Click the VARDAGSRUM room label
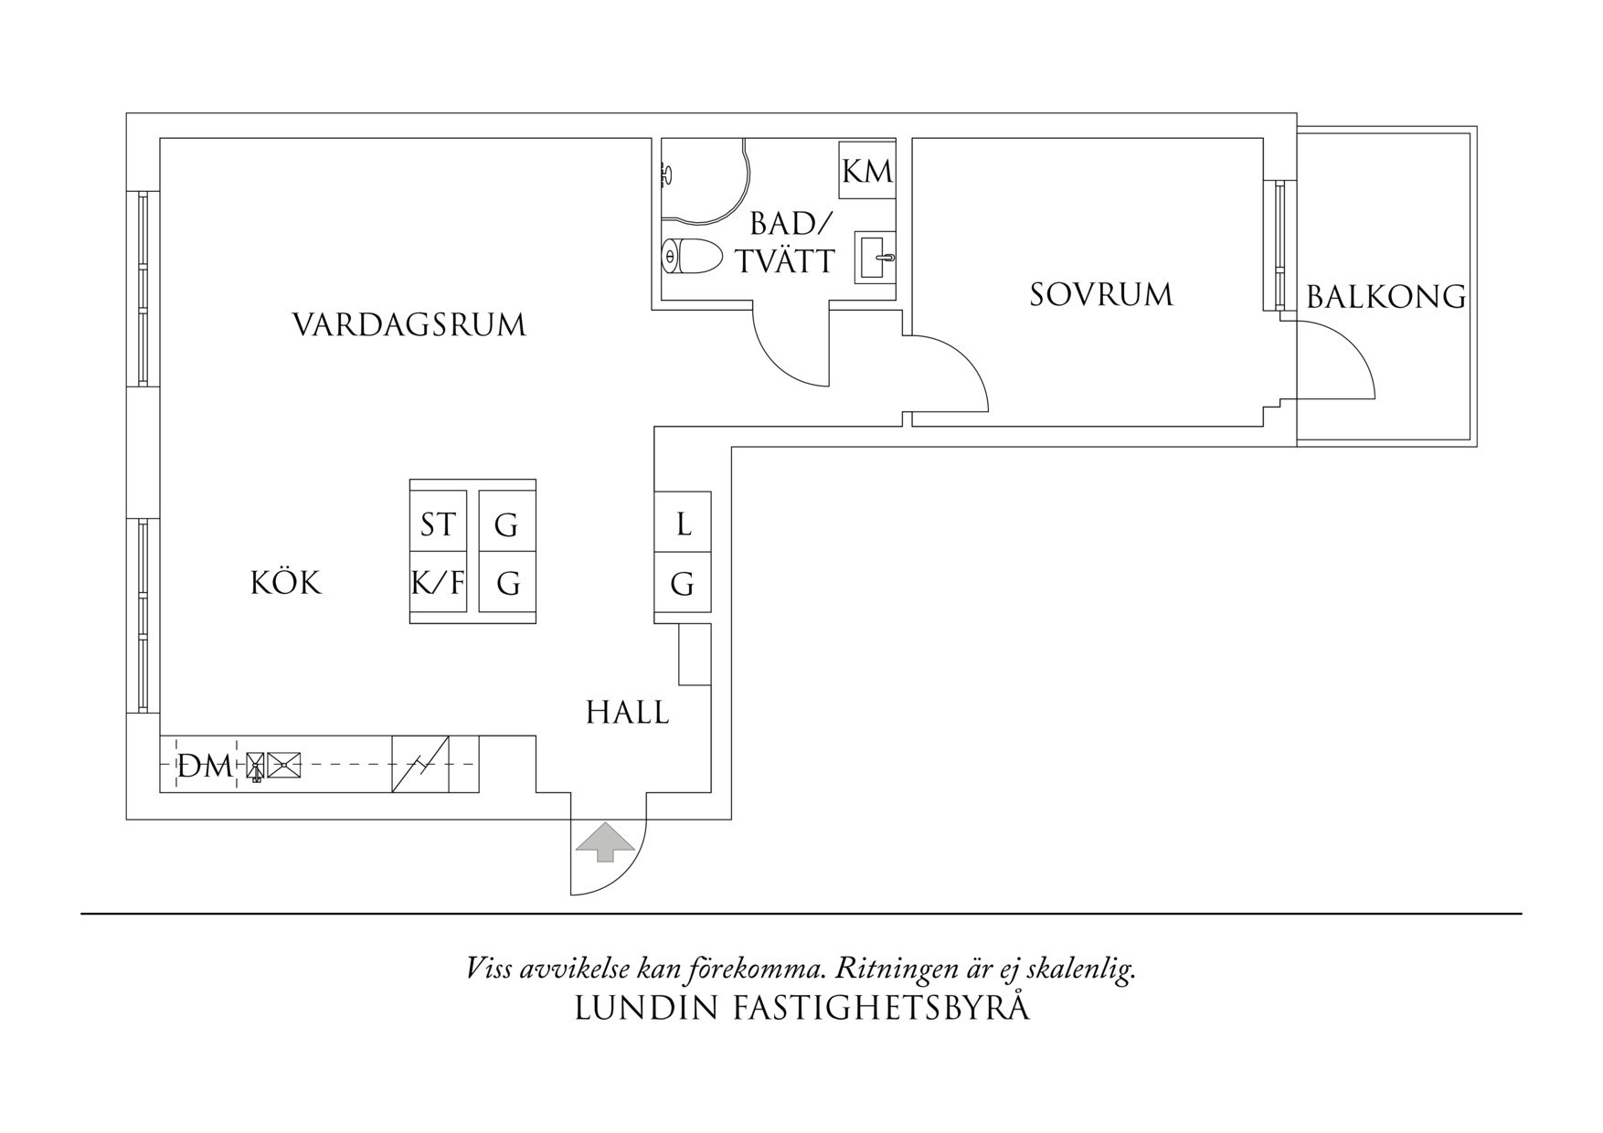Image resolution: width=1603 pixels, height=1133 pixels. (409, 325)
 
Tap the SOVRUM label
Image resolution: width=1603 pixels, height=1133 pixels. (1101, 295)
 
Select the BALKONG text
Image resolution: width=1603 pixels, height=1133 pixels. (1385, 297)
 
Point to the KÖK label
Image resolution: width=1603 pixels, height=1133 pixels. (286, 584)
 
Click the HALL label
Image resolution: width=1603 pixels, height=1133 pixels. (628, 713)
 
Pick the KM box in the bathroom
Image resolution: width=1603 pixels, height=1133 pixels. (866, 171)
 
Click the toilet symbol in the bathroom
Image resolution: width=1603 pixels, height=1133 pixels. (692, 257)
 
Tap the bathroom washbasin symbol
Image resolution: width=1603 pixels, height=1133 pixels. (875, 257)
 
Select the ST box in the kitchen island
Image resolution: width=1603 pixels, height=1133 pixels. (438, 525)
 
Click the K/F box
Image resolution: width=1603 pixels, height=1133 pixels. (438, 582)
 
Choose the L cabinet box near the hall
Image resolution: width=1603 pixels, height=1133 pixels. (683, 524)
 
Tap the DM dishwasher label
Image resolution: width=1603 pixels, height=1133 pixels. (205, 767)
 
